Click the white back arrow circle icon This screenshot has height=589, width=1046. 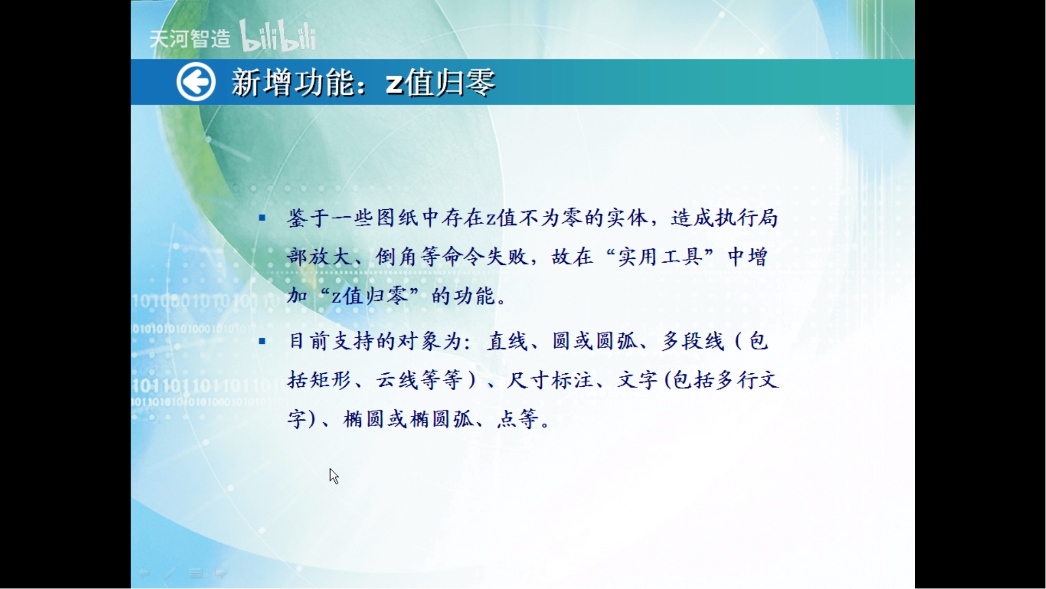[196, 82]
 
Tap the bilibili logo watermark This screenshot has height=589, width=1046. [278, 36]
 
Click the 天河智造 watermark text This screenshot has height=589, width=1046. [190, 39]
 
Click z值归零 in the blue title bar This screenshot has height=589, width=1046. [441, 83]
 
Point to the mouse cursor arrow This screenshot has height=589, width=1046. [334, 476]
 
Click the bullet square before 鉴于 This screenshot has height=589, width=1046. [262, 218]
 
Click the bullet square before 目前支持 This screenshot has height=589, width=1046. [262, 342]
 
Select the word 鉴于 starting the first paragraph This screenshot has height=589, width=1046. [308, 218]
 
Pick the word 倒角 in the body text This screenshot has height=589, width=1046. [396, 257]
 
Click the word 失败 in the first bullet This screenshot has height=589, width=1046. [507, 257]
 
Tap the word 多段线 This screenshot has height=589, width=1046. [694, 341]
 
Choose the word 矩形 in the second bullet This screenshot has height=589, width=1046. [331, 380]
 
